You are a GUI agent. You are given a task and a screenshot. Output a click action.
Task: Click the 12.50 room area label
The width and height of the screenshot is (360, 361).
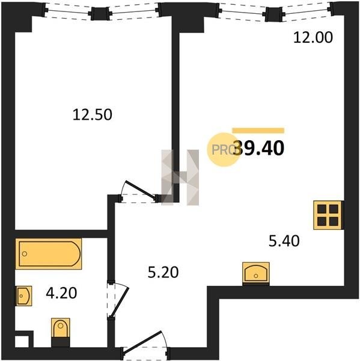[92, 115]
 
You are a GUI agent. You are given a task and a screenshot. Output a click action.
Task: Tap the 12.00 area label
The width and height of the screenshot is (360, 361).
[313, 37]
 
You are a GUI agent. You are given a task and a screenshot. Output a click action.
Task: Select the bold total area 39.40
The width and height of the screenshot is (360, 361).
[259, 148]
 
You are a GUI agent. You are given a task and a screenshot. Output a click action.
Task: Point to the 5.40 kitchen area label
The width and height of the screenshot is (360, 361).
[284, 241]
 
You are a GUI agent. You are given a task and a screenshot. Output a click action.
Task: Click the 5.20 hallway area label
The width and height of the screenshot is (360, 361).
[163, 272]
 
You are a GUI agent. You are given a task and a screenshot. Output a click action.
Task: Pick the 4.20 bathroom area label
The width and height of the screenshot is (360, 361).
[61, 293]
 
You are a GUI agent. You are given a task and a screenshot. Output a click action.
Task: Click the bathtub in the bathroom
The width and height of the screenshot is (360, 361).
[49, 254]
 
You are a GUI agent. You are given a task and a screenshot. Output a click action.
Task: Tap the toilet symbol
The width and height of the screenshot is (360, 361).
[61, 332]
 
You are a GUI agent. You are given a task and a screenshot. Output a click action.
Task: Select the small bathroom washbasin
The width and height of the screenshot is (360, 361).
[23, 296]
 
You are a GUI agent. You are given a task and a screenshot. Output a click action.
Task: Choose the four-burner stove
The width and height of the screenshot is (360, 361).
[328, 215]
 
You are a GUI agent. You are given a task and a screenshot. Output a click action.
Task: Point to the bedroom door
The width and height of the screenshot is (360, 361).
[139, 192]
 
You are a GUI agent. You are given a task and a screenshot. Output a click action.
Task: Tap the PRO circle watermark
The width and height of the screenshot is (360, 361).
[224, 150]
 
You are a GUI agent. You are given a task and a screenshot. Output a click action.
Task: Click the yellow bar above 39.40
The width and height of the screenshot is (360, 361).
[258, 131]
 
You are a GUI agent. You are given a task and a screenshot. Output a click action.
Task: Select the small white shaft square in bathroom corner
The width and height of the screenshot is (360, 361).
[22, 341]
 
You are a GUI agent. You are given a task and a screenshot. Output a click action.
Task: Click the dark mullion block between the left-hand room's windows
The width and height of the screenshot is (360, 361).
[100, 14]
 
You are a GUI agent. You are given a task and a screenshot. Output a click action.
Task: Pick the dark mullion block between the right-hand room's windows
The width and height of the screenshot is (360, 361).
[273, 14]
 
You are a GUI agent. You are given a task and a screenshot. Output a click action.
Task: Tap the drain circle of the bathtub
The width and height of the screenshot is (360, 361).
[25, 254]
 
